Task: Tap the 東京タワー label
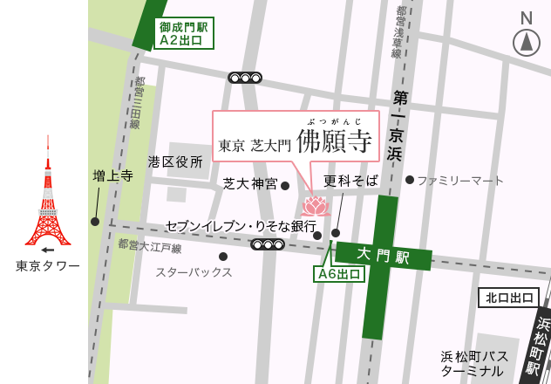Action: pos(48,265)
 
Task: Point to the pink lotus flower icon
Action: pos(315,206)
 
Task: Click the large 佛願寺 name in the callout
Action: pos(334,142)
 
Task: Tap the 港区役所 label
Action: pos(175,161)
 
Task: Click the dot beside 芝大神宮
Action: pos(285,185)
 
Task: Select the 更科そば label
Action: pos(350,181)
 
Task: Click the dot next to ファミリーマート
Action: pos(409,180)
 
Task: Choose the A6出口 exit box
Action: pos(339,274)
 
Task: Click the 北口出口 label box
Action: pos(508,298)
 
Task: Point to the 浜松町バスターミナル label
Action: pos(474,363)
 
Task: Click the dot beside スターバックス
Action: pos(223,257)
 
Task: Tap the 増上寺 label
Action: pos(112,175)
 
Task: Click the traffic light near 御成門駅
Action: pos(245,77)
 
